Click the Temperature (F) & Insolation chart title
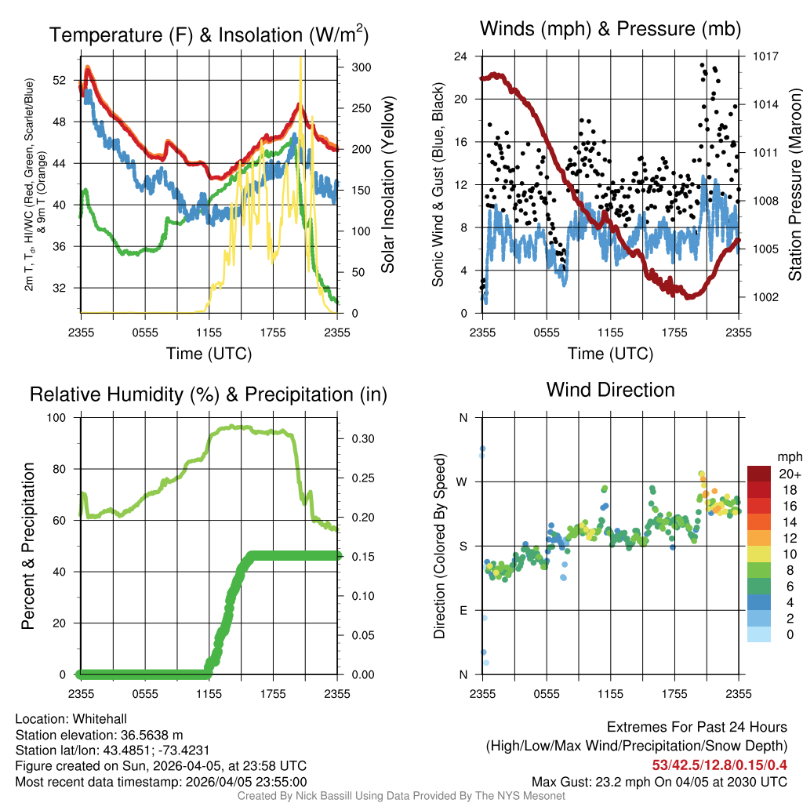[x=209, y=35]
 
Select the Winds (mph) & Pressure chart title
[x=610, y=29]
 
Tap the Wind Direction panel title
[x=610, y=390]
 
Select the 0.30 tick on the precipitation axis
[x=358, y=439]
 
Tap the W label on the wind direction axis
[x=463, y=482]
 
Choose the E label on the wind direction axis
[x=463, y=610]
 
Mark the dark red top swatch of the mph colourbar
[x=759, y=474]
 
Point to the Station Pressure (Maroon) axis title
[x=794, y=184]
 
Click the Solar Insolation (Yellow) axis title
[x=387, y=184]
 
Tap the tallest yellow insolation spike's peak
[x=300, y=58]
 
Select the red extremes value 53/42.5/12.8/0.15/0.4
[x=720, y=765]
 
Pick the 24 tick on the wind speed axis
[x=461, y=56]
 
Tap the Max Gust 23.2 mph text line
[x=659, y=781]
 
